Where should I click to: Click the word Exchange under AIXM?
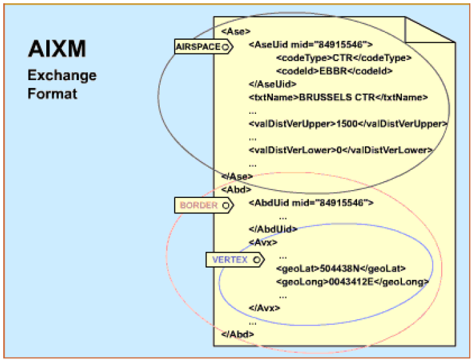click(x=62, y=75)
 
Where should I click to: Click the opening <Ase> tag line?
click(x=235, y=31)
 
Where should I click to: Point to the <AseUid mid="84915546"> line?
click(x=310, y=45)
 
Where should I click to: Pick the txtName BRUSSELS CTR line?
click(x=338, y=97)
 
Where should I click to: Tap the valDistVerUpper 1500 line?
click(x=348, y=124)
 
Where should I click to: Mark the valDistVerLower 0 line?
click(x=341, y=150)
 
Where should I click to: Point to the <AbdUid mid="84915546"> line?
click(x=311, y=202)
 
